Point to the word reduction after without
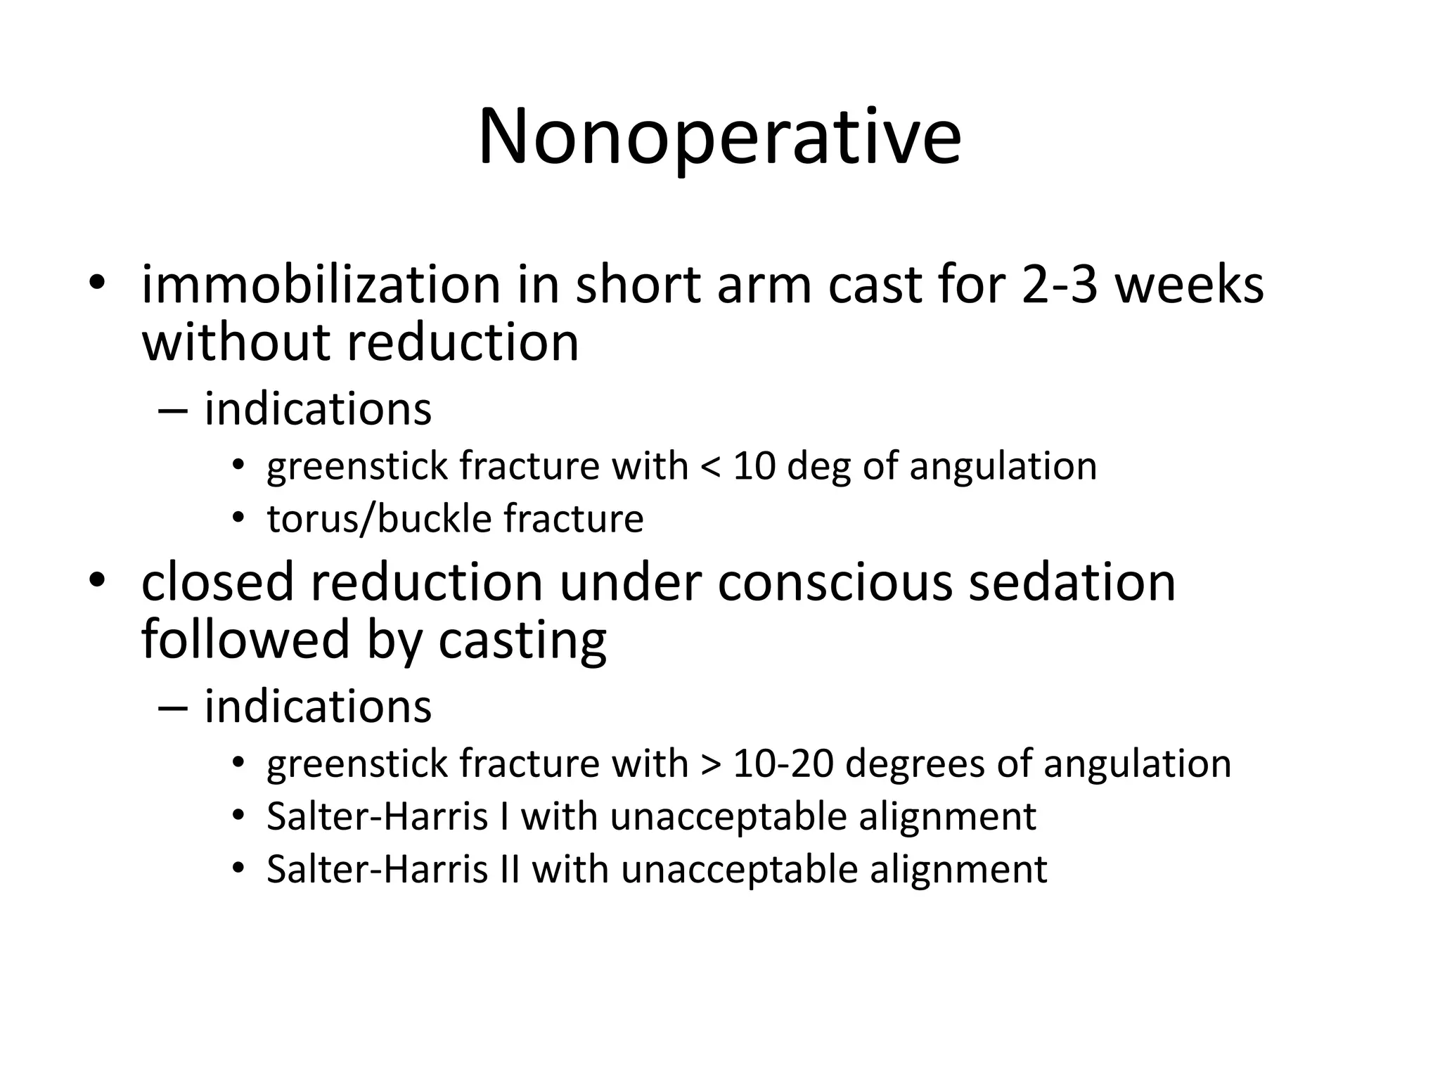(x=463, y=342)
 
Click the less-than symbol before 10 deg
(x=710, y=466)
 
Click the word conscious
(x=835, y=582)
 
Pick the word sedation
(x=1072, y=582)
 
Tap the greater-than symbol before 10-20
(x=710, y=764)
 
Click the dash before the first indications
(x=174, y=410)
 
